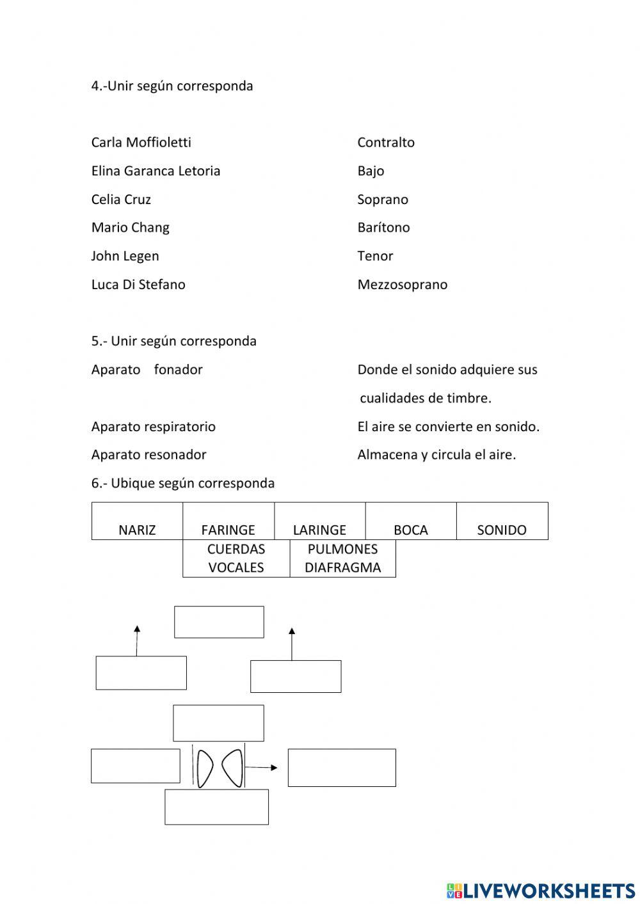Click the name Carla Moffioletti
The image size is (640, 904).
(141, 142)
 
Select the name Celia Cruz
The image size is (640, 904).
(121, 199)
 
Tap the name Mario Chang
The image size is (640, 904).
(130, 227)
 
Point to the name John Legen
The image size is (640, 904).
(125, 256)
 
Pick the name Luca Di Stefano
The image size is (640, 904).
(138, 284)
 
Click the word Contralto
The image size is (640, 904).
(385, 142)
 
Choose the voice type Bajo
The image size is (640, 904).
(371, 171)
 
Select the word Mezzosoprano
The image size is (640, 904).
(402, 284)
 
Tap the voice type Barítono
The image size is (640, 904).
(383, 227)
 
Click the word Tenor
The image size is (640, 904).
(375, 256)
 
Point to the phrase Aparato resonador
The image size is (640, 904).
(148, 454)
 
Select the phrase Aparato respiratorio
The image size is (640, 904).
(153, 426)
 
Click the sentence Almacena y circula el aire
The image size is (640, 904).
(436, 454)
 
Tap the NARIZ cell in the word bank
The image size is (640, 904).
(137, 521)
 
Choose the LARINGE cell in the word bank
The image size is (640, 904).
(319, 521)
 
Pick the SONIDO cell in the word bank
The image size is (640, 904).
(502, 521)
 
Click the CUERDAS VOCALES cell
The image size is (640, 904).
(236, 558)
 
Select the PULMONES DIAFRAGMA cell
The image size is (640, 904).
(342, 558)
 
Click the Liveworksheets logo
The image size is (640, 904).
(540, 890)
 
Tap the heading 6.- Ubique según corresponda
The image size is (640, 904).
(182, 483)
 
